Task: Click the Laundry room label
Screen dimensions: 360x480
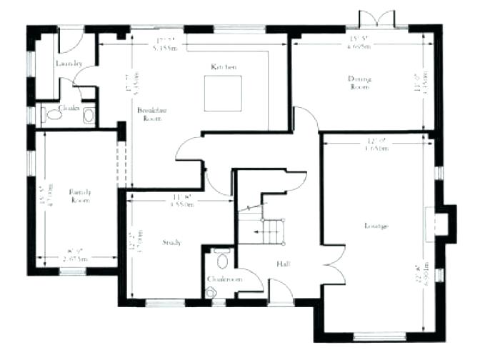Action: tap(69, 64)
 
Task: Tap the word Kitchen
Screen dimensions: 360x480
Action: tap(224, 66)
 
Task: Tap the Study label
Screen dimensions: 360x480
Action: tap(171, 242)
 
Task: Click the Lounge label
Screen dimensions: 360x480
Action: tap(376, 226)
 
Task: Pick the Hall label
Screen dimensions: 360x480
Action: tap(282, 264)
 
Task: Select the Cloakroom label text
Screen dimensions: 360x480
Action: tap(224, 279)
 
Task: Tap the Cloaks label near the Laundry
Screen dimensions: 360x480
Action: tap(69, 108)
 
